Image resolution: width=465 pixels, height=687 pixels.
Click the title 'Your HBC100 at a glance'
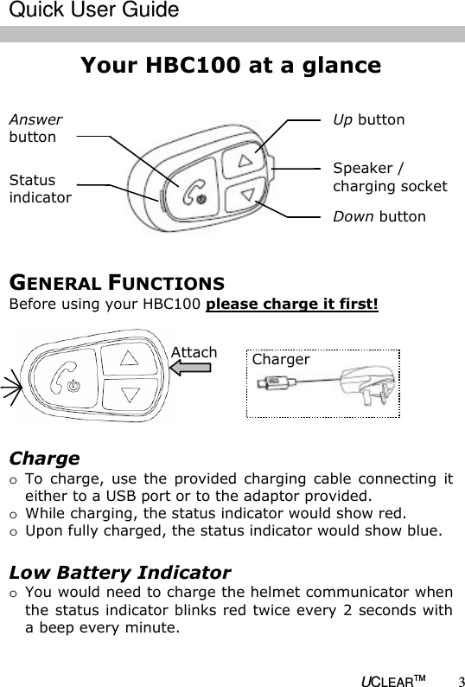[x=230, y=66]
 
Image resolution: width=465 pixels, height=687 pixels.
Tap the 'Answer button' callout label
[x=35, y=128]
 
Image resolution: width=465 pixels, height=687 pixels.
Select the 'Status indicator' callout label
[x=40, y=189]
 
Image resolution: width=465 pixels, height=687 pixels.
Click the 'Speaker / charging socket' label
[x=390, y=177]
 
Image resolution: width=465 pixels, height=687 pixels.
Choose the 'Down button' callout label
[x=379, y=215]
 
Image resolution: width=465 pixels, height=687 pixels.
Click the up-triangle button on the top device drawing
[x=245, y=160]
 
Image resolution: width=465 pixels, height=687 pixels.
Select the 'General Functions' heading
[x=118, y=283]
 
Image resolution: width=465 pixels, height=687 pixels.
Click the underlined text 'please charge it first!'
[x=292, y=305]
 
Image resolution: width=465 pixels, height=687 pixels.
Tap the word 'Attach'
[x=194, y=351]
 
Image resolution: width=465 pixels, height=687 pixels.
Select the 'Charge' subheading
[x=44, y=458]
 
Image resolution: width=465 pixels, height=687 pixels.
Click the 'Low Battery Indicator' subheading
[x=119, y=572]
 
